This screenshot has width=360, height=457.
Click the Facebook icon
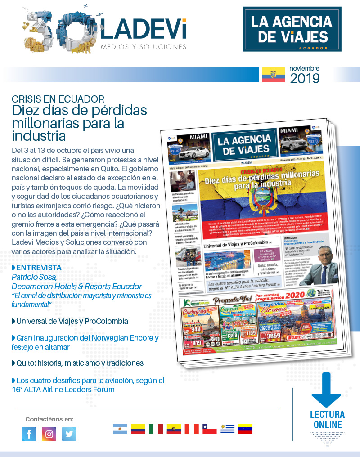(x=29, y=434)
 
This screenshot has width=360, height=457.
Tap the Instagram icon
(x=49, y=434)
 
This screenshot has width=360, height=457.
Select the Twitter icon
(x=69, y=434)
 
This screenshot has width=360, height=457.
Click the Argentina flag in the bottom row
(x=120, y=429)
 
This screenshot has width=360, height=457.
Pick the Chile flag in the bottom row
(x=209, y=429)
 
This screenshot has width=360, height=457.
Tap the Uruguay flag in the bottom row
(x=227, y=429)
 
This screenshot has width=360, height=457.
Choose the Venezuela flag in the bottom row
(x=245, y=429)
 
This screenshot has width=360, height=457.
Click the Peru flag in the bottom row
(x=192, y=429)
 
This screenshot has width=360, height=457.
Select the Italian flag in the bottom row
(x=156, y=429)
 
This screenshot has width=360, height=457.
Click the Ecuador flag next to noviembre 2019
(x=274, y=75)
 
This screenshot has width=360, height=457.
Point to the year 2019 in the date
(x=305, y=79)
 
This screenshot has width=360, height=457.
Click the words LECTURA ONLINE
(x=327, y=420)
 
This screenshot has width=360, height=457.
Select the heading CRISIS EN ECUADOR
(x=58, y=99)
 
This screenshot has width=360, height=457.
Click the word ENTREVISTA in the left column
(x=39, y=268)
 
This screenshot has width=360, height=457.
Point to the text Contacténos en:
(x=49, y=419)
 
